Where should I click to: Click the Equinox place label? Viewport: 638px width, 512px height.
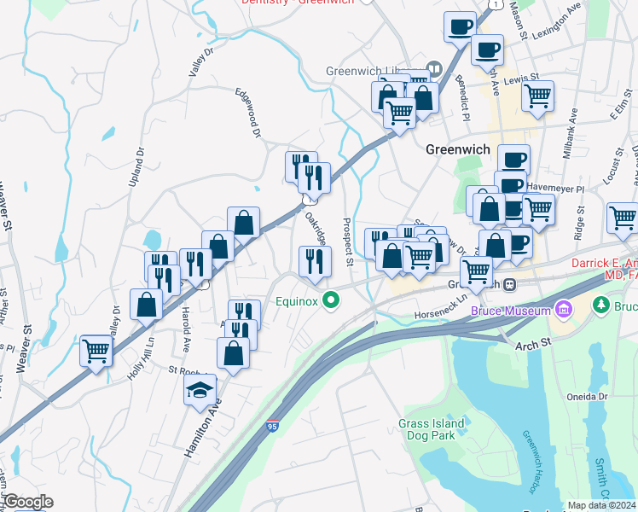point(296,300)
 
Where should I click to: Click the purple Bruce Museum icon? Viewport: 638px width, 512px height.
point(562,307)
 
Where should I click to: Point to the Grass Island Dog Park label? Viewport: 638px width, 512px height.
point(432,428)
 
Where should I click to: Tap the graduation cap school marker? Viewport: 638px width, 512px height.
point(200,392)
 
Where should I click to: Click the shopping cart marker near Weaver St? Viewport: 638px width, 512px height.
point(96,350)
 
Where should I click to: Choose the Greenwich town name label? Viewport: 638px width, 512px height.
point(458,149)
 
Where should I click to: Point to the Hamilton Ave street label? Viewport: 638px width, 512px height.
point(201,431)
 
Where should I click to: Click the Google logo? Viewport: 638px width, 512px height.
point(27,503)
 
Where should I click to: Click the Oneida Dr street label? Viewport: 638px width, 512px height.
point(585,397)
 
